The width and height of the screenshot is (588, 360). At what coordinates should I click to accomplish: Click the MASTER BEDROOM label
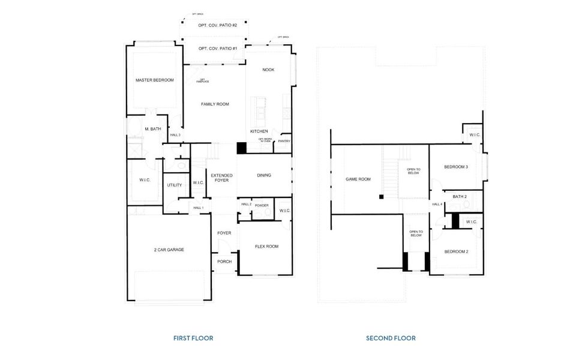[154, 80]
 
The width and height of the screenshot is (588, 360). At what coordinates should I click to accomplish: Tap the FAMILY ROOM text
[215, 104]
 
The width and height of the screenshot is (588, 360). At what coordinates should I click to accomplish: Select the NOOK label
[268, 70]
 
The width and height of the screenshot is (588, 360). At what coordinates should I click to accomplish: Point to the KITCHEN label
[259, 131]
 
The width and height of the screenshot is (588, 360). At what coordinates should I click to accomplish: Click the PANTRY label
[284, 142]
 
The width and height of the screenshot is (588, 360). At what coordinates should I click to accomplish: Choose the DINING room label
[264, 175]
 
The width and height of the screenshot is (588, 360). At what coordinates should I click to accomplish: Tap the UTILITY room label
[174, 185]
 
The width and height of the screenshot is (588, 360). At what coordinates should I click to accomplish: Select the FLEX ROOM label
[266, 246]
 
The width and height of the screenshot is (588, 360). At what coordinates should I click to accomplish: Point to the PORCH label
[224, 261]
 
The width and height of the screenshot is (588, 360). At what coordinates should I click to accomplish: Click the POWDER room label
[262, 205]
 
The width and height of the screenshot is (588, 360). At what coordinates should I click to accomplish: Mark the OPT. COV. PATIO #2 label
[218, 25]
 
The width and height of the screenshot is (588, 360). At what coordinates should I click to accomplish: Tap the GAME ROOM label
[358, 179]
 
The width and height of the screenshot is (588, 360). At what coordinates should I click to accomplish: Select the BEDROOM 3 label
[456, 167]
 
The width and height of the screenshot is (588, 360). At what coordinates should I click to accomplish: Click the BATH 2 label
[460, 196]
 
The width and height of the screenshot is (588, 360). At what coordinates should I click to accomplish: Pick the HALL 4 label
[437, 204]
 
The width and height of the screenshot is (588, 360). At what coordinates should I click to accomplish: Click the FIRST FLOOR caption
[193, 338]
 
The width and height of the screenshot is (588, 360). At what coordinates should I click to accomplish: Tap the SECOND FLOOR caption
[391, 338]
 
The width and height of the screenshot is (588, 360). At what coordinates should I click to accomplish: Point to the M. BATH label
[152, 128]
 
